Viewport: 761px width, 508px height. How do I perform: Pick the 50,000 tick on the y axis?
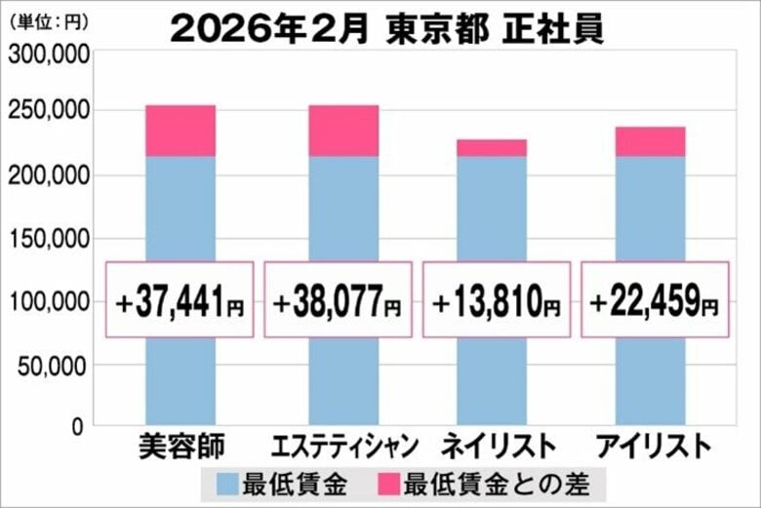(54, 366)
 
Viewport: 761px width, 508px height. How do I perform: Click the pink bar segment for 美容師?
(180, 131)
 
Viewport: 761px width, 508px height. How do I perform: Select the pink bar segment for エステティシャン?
(343, 131)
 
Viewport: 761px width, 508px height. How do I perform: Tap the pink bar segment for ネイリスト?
(492, 147)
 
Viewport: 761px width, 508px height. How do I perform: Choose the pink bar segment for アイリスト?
(650, 141)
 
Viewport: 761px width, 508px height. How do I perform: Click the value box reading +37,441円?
(180, 299)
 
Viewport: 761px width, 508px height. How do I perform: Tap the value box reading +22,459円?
(655, 299)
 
